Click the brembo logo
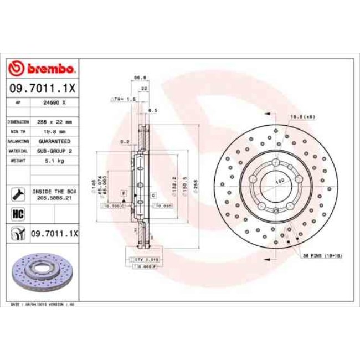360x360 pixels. [42, 69]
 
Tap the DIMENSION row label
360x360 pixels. [18, 121]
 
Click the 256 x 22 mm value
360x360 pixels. [54, 121]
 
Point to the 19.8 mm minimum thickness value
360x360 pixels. [54, 131]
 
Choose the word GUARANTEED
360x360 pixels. [54, 141]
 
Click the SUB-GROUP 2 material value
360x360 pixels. [54, 151]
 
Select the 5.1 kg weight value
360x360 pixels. [54, 161]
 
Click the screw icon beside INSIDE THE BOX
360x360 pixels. [18, 193]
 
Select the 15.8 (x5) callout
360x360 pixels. [299, 116]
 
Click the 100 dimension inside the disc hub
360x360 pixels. [280, 181]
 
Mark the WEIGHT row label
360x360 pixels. [17, 161]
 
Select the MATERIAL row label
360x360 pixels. [18, 151]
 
